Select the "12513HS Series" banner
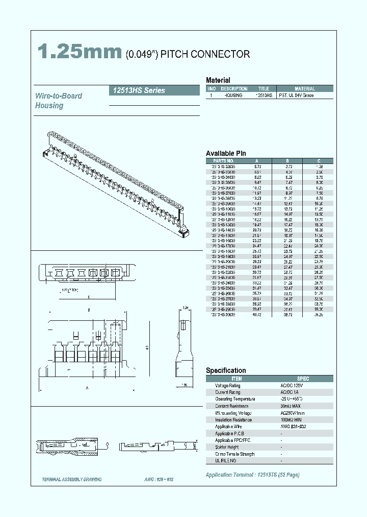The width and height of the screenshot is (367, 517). coord(137,90)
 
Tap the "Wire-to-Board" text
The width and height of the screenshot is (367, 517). coord(59,96)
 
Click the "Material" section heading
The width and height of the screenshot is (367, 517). coord(218,80)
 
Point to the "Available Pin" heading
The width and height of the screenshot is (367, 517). coord(226,153)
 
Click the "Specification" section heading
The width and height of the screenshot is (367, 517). coord(226,370)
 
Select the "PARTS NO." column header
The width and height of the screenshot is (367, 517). coord(223,160)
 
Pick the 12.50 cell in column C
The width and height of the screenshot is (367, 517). coord(319,215)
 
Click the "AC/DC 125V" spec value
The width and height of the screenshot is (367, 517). coord(291,386)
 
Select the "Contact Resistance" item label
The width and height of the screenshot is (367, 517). coord(231,406)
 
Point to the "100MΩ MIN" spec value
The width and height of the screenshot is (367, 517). coord(291,419)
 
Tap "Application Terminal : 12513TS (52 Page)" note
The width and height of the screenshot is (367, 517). coord(252,475)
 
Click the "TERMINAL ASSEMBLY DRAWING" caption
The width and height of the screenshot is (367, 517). coord(72,480)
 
